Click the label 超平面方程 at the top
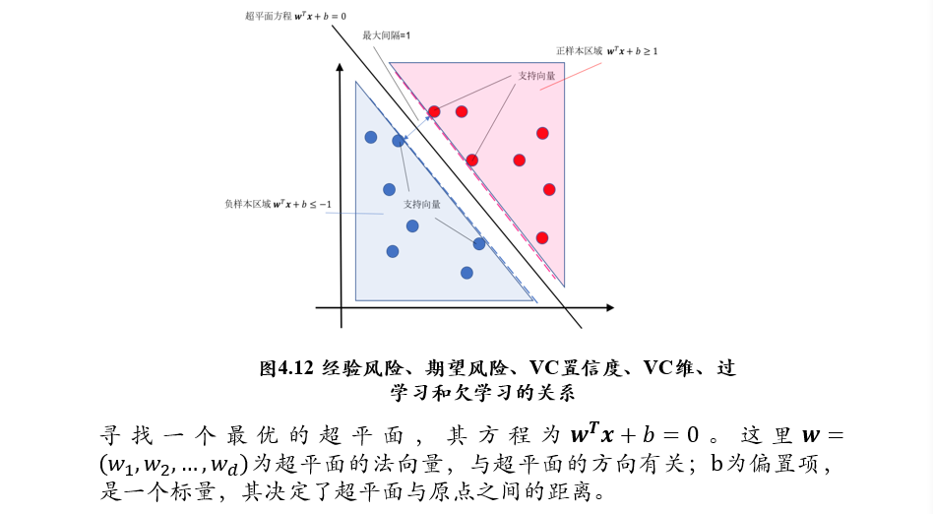(269, 16)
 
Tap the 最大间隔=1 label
(386, 34)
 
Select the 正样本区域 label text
(580, 50)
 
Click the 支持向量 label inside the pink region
(536, 75)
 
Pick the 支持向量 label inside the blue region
(421, 204)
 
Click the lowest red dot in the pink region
(541, 237)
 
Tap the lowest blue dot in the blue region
(466, 272)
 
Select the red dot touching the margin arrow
(434, 111)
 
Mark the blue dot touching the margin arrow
(399, 141)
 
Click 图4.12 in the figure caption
(285, 368)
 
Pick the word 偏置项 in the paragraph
(793, 463)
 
